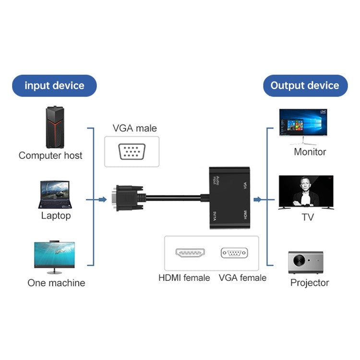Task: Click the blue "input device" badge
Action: click(x=54, y=86)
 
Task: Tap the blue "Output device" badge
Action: click(x=305, y=86)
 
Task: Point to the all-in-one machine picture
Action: click(x=54, y=255)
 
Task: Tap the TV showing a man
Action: click(x=306, y=192)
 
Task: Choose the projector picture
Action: click(x=306, y=262)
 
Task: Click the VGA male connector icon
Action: click(x=132, y=152)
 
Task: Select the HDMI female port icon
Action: click(x=190, y=252)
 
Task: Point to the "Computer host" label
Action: click(x=50, y=156)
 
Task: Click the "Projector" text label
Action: click(x=310, y=283)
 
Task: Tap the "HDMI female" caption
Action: click(x=184, y=278)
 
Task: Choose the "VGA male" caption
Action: click(x=134, y=128)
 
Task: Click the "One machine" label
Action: click(x=56, y=283)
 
